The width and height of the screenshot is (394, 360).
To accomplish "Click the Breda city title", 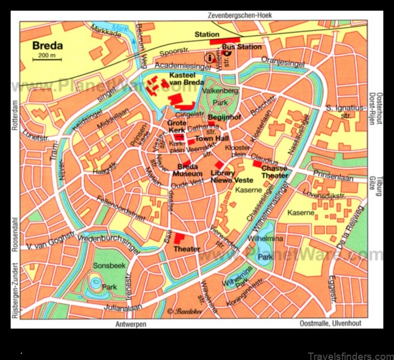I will click(47, 45).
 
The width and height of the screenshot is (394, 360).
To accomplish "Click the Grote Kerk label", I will click(177, 126).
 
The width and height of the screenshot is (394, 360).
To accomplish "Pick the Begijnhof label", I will click(225, 117).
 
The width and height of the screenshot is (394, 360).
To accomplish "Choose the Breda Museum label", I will click(187, 170).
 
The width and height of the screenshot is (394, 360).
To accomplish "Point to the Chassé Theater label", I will click(274, 172).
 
